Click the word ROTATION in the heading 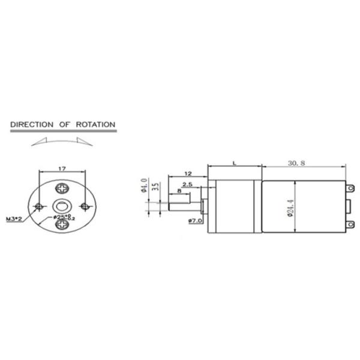[x=95, y=125]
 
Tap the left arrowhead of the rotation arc [x=35, y=142]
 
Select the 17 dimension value [x=62, y=169]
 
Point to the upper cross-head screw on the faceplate [x=62, y=187]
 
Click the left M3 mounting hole [x=39, y=206]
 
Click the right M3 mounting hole [x=86, y=206]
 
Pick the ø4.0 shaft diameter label [x=144, y=185]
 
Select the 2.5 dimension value [x=187, y=185]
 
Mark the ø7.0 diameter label [x=195, y=221]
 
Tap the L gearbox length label [x=233, y=163]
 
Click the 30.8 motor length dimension [x=297, y=163]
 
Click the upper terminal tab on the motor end [x=351, y=188]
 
